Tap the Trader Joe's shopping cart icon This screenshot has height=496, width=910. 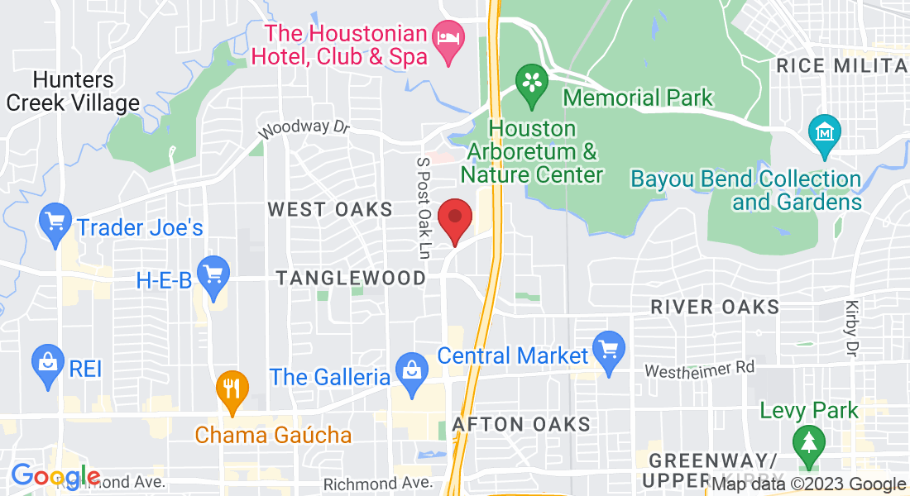(x=56, y=224)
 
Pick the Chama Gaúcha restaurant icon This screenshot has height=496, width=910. (x=232, y=388)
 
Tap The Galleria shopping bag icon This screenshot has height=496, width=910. (x=411, y=370)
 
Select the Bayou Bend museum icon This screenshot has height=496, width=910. (x=825, y=132)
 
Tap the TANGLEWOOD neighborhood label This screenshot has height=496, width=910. (x=352, y=279)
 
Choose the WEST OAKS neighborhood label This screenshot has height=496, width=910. (x=329, y=210)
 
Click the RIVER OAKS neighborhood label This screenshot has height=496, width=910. (x=715, y=308)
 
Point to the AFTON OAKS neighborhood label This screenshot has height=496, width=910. (x=521, y=425)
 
